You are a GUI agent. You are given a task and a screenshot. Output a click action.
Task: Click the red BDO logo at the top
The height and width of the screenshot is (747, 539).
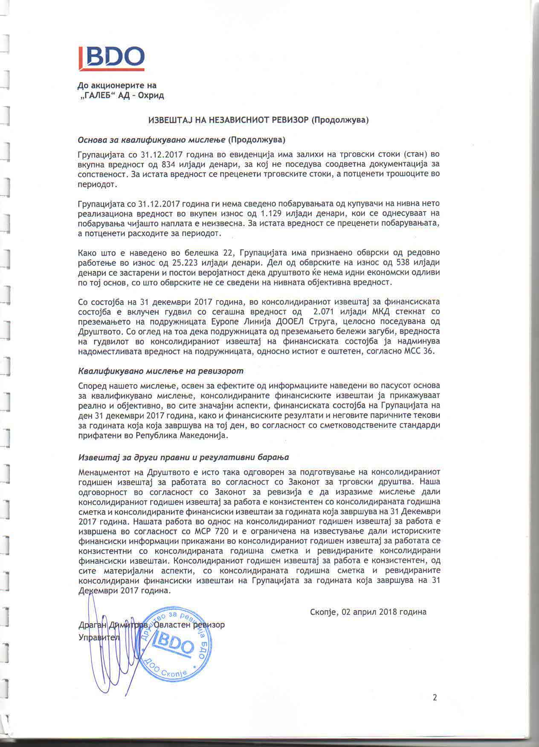point(111,58)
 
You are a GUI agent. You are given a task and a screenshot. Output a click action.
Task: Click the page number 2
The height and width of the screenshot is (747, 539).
point(435,698)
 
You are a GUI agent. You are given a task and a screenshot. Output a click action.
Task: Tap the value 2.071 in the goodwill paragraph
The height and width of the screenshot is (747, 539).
point(324,311)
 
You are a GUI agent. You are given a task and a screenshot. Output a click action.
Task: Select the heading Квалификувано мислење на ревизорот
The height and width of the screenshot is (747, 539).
point(161,371)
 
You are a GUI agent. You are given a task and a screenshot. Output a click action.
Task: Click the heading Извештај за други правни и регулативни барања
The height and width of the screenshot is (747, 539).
point(184,457)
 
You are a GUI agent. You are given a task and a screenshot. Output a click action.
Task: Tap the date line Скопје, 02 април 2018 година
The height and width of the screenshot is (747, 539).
point(368,612)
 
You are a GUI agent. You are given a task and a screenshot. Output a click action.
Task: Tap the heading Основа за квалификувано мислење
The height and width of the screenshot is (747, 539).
point(152,140)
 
